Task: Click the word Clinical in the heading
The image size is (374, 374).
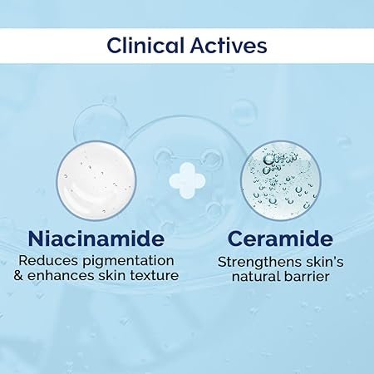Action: click(145, 45)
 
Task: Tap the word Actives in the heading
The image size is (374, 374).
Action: click(229, 45)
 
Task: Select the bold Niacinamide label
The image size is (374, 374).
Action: click(96, 239)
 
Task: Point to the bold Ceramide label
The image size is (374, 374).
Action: click(280, 239)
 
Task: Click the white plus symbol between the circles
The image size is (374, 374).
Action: click(187, 180)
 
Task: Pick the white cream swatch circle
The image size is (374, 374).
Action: click(96, 180)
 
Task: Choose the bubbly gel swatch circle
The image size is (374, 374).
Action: click(281, 180)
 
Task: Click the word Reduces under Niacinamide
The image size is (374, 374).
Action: click(47, 261)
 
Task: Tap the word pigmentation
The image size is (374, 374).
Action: click(129, 262)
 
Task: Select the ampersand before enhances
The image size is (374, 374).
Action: click(18, 276)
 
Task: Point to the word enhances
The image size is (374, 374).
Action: click(61, 276)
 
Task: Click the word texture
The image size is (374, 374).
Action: click(155, 276)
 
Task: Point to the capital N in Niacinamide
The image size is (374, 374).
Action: click(36, 239)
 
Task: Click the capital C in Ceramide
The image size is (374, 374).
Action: click(235, 239)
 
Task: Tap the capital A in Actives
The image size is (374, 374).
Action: click(199, 46)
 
